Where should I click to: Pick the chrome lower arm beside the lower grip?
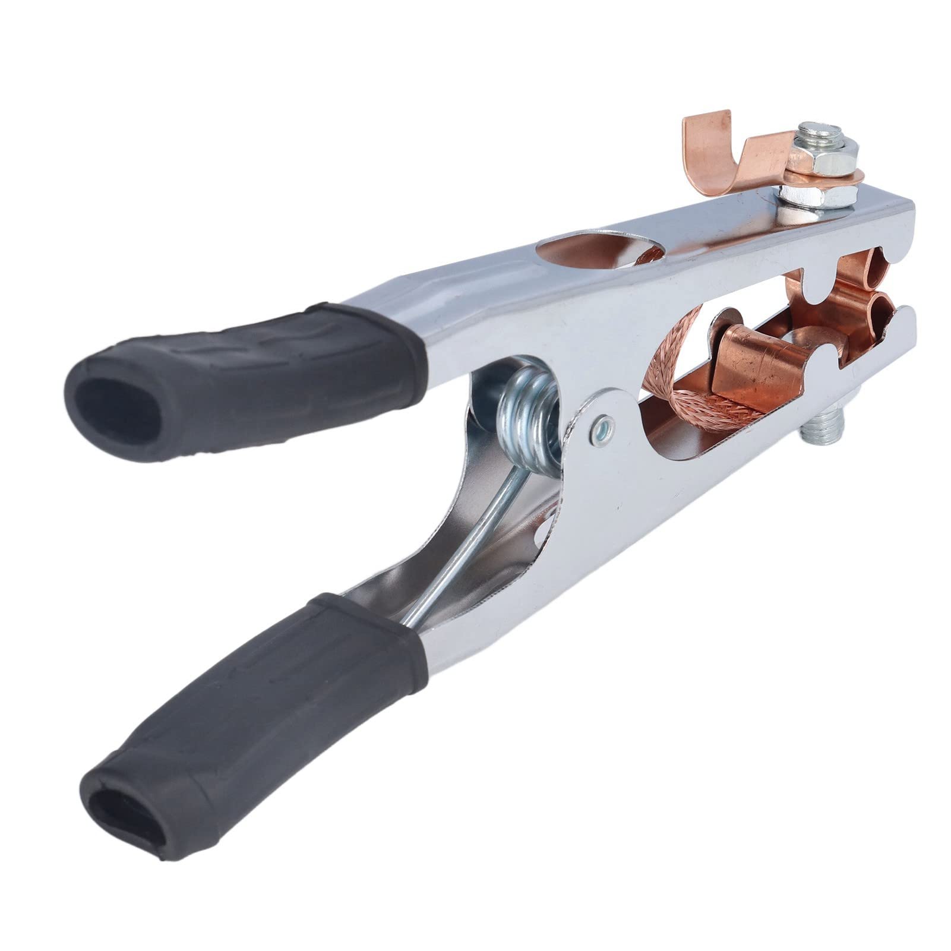coord(475,653)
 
